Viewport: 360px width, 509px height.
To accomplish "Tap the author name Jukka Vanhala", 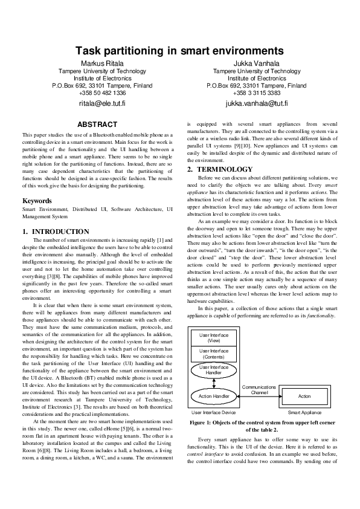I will [256, 63].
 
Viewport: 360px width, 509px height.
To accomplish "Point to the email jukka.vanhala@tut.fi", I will [256, 103].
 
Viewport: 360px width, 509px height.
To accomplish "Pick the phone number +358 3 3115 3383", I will [256, 93].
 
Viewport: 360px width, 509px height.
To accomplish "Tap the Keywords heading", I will [37, 201].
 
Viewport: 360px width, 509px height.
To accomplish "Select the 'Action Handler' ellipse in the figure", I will [213, 397].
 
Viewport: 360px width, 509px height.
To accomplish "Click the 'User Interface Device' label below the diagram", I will [213, 412].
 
